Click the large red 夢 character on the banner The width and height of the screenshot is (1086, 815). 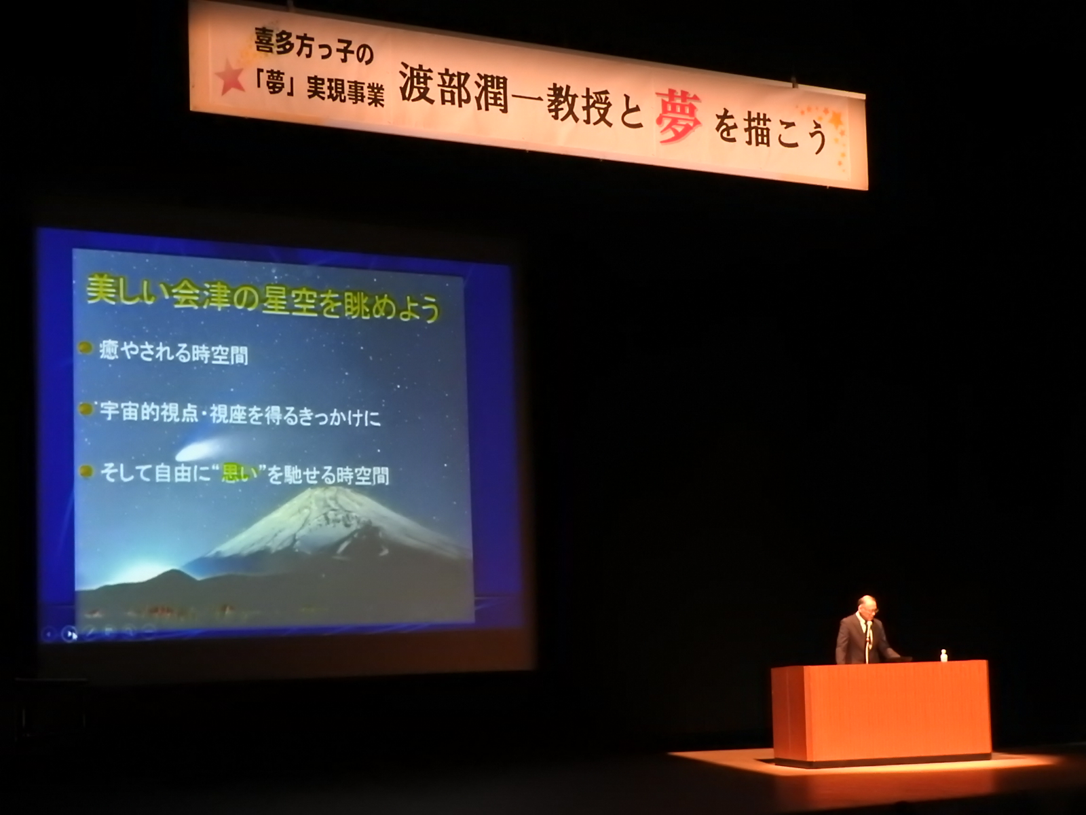[679, 118]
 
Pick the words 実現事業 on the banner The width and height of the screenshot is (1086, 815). [345, 90]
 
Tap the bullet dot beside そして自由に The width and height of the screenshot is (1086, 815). [86, 471]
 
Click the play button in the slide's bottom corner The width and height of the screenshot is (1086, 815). [71, 633]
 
